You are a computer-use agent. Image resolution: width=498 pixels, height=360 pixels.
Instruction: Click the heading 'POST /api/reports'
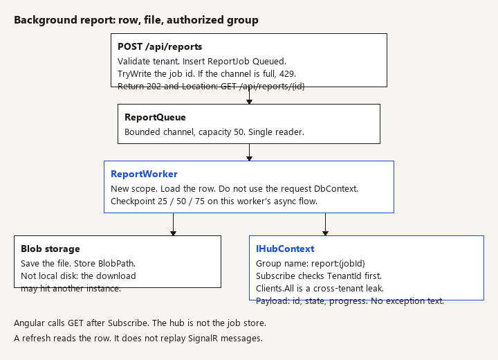160,47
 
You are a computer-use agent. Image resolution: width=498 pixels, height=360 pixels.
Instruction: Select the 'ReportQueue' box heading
155,118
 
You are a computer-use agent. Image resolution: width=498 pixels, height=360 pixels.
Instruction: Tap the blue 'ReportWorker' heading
144,174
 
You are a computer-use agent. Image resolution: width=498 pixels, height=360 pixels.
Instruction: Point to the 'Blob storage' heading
50,249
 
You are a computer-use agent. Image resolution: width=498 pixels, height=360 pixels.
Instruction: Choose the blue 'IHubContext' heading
285,249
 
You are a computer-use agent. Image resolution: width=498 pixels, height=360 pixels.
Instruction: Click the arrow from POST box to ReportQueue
249,96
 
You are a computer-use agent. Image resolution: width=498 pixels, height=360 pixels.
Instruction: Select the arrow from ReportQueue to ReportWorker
249,152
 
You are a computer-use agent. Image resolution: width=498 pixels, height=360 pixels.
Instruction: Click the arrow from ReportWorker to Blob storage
173,224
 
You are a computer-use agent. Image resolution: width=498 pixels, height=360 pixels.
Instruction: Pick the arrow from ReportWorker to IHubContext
325,224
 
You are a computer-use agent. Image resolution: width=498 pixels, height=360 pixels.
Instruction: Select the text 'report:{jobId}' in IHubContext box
338,264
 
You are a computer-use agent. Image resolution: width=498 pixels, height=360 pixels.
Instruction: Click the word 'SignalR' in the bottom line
203,339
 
